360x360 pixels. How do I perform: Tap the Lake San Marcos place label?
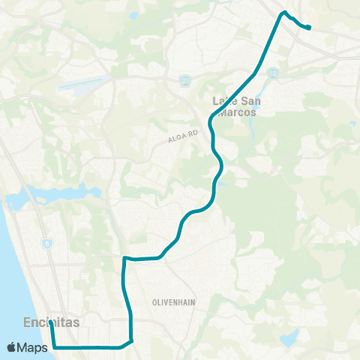pyautogui.click(x=233, y=106)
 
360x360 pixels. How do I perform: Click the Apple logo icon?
pyautogui.click(x=13, y=347)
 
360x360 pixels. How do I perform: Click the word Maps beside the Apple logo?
pyautogui.click(x=34, y=347)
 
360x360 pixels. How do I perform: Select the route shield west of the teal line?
pyautogui.click(x=184, y=79)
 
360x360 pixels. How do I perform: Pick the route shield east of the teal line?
pyautogui.click(x=274, y=73)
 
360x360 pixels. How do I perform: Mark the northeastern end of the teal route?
pyautogui.click(x=309, y=28)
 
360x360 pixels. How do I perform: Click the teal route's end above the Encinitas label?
pyautogui.click(x=50, y=323)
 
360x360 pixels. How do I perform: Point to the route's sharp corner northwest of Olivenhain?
pyautogui.click(x=124, y=258)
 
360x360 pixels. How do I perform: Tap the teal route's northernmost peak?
pyautogui.click(x=283, y=13)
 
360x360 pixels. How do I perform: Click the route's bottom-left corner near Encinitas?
pyautogui.click(x=54, y=347)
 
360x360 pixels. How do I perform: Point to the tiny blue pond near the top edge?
pyautogui.click(x=133, y=15)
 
